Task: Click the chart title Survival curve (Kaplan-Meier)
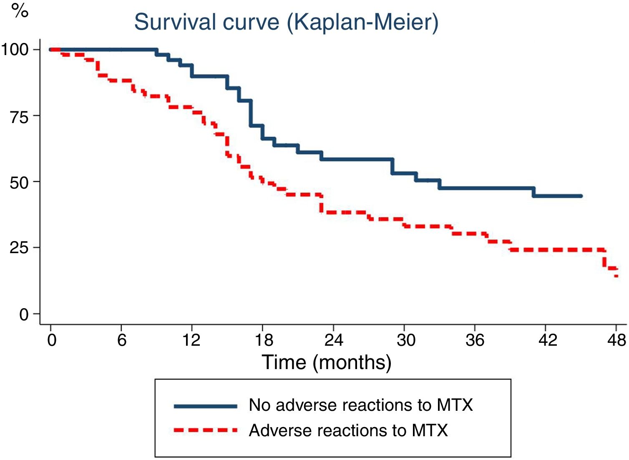pos(286,22)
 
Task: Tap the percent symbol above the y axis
pos(20,10)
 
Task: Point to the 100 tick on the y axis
pos(15,50)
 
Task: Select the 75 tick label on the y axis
pos(19,116)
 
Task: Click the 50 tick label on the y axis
pos(19,182)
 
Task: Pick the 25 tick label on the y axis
pos(19,248)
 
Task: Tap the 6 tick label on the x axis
pos(121,340)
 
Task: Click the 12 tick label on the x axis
pos(191,340)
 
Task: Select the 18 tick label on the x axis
pos(263,340)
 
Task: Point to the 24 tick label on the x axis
pos(334,340)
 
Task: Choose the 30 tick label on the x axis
pos(405,340)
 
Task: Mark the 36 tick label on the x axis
pos(475,340)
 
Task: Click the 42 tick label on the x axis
pos(547,340)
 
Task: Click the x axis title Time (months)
pos(326,362)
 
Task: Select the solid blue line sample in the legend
pos(205,406)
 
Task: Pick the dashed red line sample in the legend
pos(205,430)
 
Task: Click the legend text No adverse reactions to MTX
pos(361,405)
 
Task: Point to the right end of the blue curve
pos(581,196)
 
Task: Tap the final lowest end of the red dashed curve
pos(616,276)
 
